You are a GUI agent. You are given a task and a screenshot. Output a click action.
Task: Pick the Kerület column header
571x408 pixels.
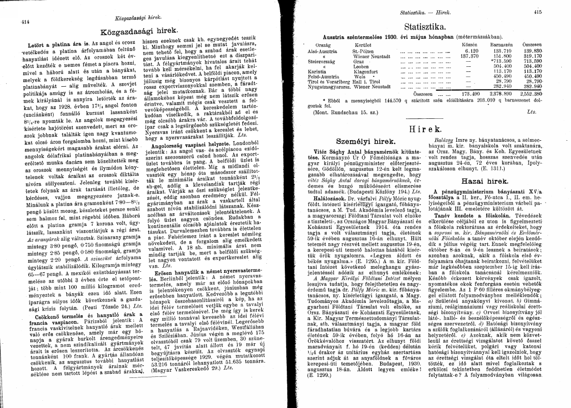pyautogui.click(x=360, y=45)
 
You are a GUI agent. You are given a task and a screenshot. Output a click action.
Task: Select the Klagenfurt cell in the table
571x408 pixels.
pyautogui.click(x=365, y=72)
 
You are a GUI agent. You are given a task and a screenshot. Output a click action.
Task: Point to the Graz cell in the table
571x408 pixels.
pyautogui.click(x=358, y=61)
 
